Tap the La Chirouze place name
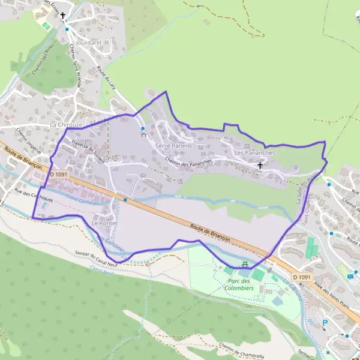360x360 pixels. (x=66, y=124)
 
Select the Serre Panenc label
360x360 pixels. (x=173, y=146)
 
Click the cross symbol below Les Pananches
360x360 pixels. (x=260, y=164)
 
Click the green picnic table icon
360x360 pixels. (x=245, y=264)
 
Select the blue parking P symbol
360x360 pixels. (x=325, y=322)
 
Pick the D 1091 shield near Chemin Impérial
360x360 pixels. (x=59, y=175)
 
